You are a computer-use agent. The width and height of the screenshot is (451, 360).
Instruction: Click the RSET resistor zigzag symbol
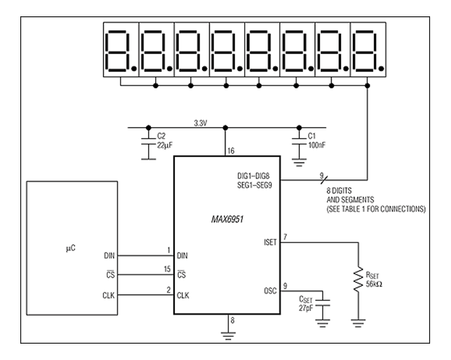358,278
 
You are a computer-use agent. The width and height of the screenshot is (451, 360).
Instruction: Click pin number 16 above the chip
230,151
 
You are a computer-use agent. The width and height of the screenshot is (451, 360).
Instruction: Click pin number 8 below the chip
230,321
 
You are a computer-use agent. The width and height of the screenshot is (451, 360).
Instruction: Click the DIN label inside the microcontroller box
110,256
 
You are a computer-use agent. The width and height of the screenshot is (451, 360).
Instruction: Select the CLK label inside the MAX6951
183,295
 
